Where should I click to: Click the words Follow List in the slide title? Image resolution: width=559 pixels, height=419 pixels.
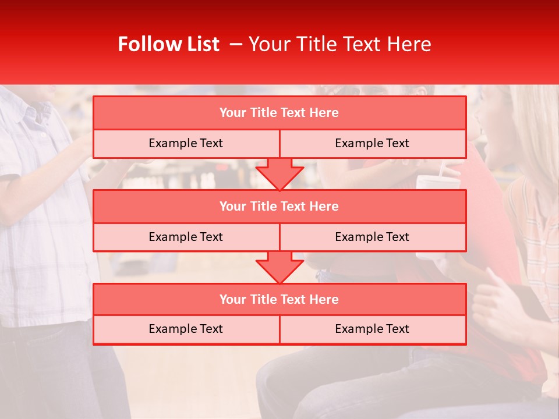point(168,44)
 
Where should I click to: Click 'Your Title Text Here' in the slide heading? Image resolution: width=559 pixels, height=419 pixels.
point(339,44)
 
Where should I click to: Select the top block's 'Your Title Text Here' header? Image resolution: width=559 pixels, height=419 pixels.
point(279,113)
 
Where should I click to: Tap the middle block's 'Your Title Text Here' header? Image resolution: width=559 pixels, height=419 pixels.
point(279,206)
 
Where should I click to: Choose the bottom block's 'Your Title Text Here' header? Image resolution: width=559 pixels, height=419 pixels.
point(279,299)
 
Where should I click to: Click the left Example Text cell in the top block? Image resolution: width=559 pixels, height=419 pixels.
point(186,143)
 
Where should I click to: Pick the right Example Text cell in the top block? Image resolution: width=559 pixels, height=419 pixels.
point(372,143)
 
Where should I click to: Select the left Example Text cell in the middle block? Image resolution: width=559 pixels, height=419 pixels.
point(186,237)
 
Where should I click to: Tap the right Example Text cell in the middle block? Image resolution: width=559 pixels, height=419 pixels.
point(372,237)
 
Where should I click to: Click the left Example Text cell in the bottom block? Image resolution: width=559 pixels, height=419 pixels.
point(186,329)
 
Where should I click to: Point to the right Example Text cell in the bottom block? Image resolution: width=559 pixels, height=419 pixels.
point(372,329)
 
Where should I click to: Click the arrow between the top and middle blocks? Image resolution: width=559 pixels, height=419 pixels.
point(279,174)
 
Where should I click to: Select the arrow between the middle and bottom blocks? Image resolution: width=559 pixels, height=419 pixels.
point(279,267)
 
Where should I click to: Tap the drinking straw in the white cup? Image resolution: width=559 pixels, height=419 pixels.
point(443,171)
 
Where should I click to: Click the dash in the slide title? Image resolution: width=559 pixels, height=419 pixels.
point(236,44)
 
